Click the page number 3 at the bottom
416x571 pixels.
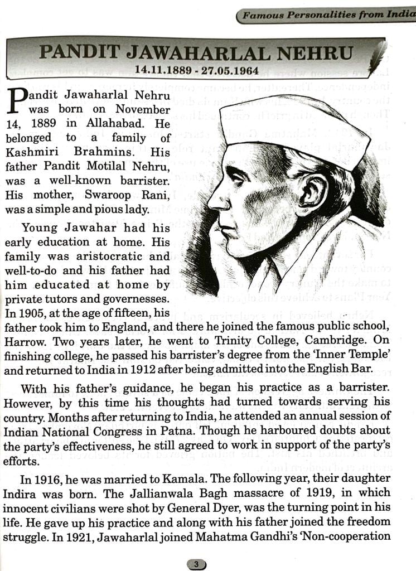(x=196, y=564)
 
